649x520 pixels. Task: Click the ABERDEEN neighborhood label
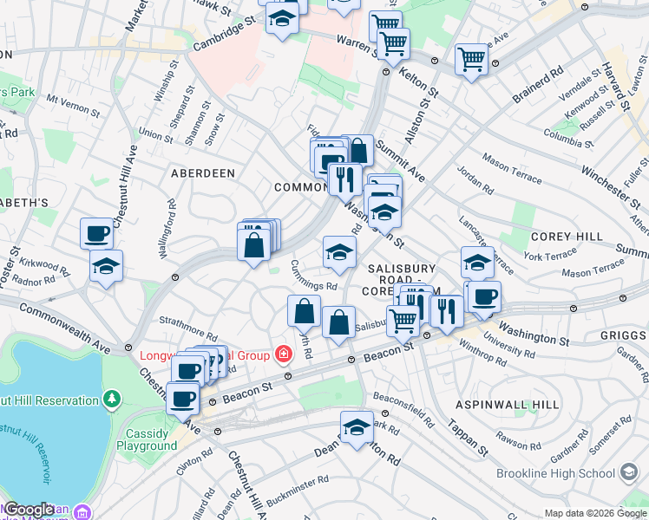203,173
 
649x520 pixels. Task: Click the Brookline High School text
555,473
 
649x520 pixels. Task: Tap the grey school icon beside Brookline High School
630,473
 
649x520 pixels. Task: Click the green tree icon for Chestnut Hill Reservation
111,399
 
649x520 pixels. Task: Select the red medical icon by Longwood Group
282,354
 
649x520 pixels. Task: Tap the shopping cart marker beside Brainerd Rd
471,60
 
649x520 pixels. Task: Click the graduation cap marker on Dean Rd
356,427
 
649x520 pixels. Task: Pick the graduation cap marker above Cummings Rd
339,252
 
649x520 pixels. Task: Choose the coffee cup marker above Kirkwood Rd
96,233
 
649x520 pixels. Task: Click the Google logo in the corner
28,510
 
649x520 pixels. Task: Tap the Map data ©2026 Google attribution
594,513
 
